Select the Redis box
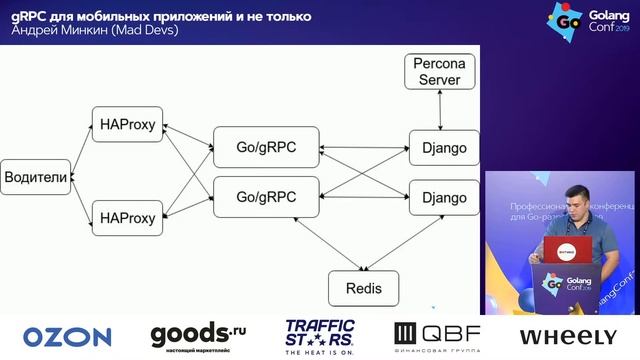pyautogui.click(x=362, y=288)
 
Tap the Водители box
pyautogui.click(x=36, y=177)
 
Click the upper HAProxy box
pyautogui.click(x=128, y=123)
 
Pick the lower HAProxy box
pyautogui.click(x=128, y=217)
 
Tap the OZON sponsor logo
pyautogui.click(x=67, y=337)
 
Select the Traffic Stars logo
pyautogui.click(x=320, y=336)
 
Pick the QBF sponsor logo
pyautogui.click(x=437, y=336)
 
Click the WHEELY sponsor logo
pyautogui.click(x=567, y=337)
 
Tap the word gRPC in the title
pyautogui.click(x=33, y=17)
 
